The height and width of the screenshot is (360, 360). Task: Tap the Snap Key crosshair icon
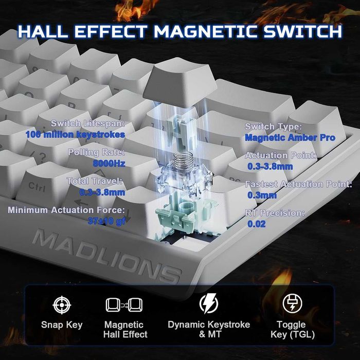[x=62, y=305]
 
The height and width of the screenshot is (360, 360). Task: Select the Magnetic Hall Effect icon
[x=123, y=305]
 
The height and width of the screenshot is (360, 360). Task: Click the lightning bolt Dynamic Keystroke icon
[x=209, y=303]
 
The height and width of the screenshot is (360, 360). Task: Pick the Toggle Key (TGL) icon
[x=292, y=304]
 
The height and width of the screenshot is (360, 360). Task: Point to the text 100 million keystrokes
[x=75, y=135]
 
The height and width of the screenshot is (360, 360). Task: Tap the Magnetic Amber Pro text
[x=290, y=137]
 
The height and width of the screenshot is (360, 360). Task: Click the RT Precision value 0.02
[x=257, y=224]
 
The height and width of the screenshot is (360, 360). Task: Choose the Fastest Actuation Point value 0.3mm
[x=262, y=195]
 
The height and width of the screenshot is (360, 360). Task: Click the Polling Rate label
[x=97, y=153]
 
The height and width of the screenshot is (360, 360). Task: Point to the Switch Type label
[x=273, y=127]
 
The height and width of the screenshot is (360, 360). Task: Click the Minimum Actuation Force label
[x=66, y=210]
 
